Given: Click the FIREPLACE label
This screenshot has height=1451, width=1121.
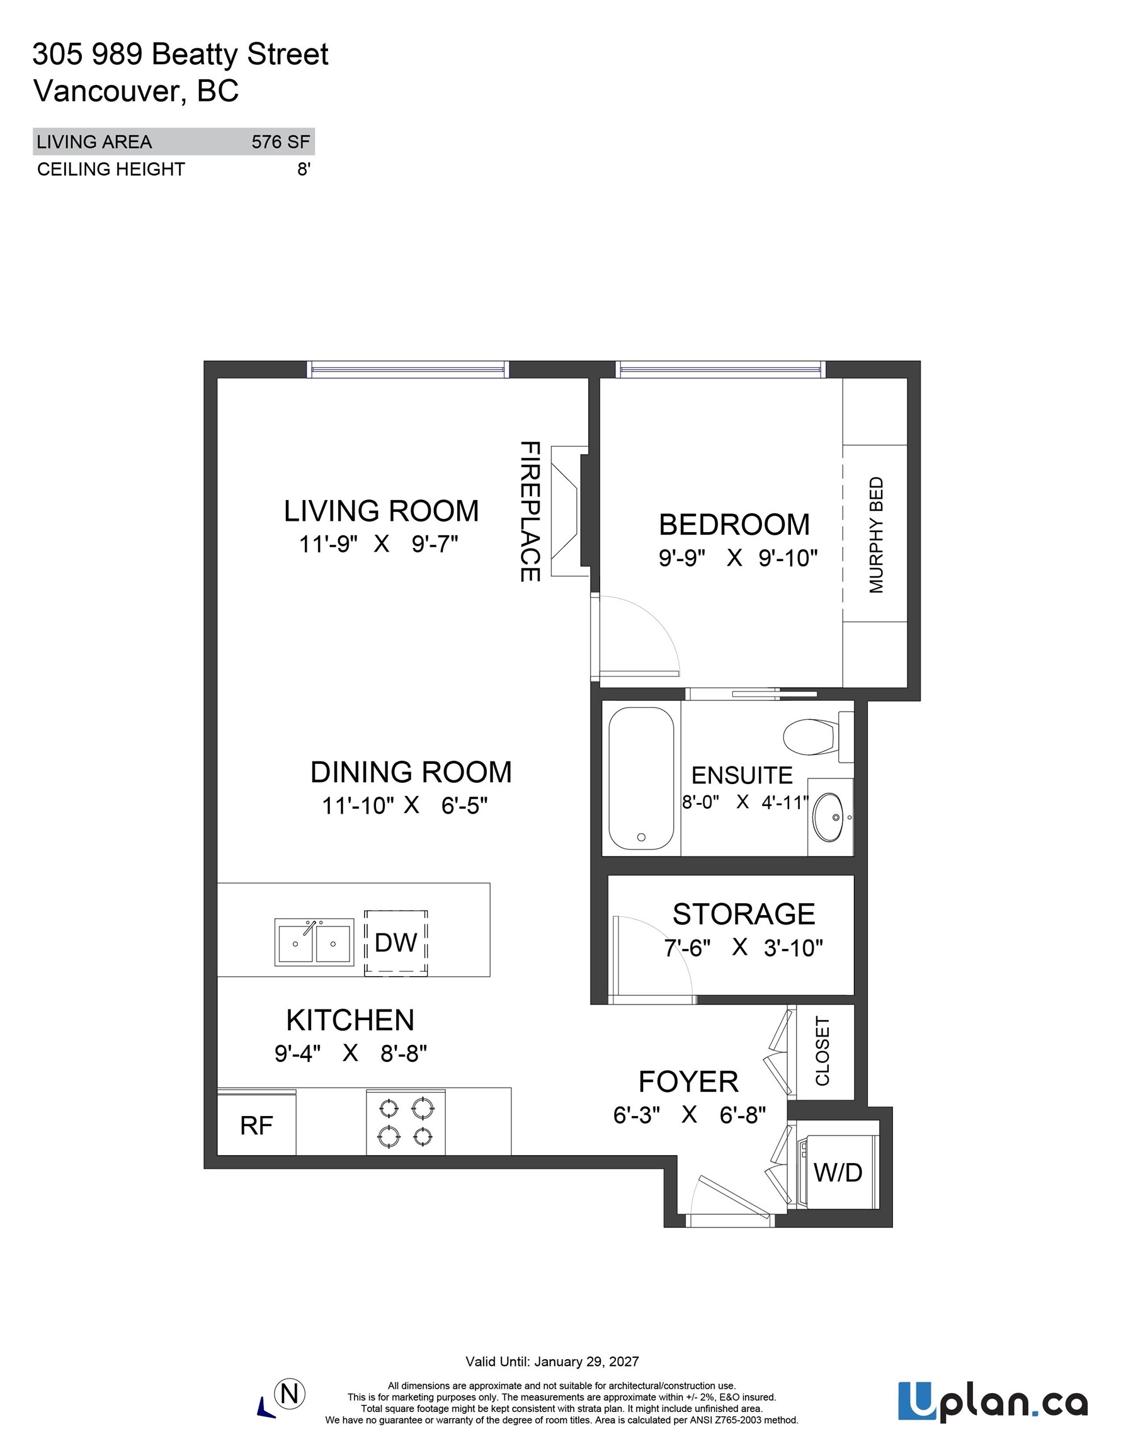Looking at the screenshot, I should [530, 511].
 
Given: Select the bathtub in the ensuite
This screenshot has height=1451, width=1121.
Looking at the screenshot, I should [641, 778].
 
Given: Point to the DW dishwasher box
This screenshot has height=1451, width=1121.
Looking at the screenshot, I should [395, 943].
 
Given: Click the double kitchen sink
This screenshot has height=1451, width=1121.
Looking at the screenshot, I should [314, 942].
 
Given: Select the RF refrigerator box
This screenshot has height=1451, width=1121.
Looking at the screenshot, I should [256, 1125].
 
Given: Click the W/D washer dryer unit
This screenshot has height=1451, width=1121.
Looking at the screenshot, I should [837, 1173].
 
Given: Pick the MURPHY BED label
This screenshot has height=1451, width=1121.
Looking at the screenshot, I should [877, 535].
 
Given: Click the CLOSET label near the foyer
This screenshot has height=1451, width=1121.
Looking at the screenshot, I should [822, 1051].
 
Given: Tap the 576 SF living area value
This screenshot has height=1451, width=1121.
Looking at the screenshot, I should [280, 142].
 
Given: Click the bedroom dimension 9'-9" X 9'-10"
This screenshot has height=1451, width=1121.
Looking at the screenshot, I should [737, 558].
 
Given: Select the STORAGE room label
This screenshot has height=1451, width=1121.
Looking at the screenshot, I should [744, 914].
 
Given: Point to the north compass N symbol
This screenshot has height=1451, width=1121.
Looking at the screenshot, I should [290, 1393].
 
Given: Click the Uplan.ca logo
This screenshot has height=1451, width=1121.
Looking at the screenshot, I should [992, 1402].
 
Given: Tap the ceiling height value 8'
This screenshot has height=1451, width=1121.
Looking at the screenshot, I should [304, 169].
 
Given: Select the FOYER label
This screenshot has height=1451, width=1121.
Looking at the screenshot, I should [688, 1081].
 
